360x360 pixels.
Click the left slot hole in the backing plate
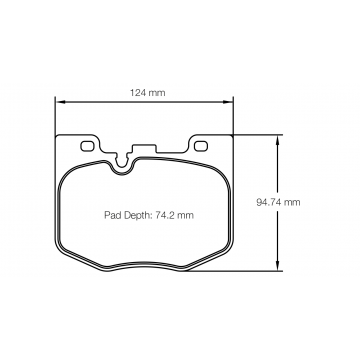click(84, 146)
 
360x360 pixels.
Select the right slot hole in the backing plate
click(202, 146)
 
